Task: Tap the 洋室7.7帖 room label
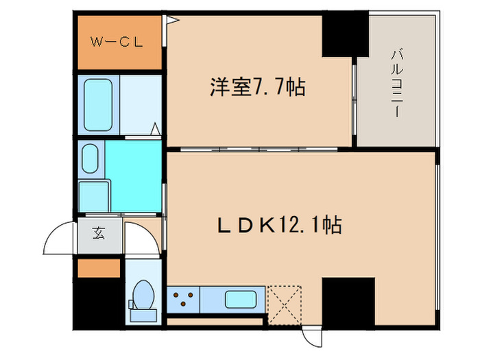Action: coord(257,88)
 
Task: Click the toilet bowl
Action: coord(143,296)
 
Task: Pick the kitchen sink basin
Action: coord(241,300)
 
